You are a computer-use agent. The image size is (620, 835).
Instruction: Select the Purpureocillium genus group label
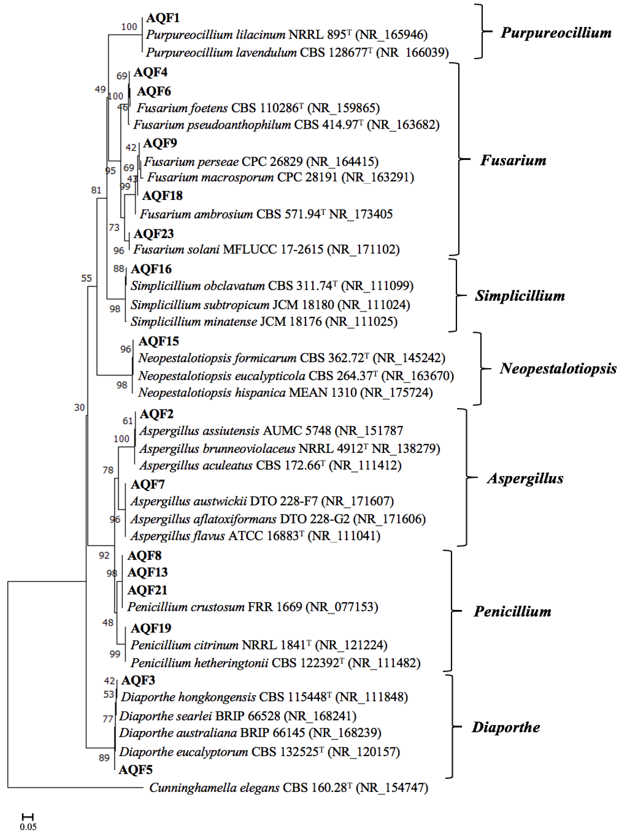tap(556, 33)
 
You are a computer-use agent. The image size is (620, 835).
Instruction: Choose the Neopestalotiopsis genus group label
tap(558, 369)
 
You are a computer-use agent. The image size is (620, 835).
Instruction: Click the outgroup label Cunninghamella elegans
tap(214, 787)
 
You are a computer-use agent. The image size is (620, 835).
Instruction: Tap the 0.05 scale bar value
tap(28, 827)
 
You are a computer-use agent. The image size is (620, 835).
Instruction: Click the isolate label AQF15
tap(159, 341)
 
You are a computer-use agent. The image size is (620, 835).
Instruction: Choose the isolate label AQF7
tap(148, 485)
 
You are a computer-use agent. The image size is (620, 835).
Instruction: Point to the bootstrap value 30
tap(79, 408)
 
